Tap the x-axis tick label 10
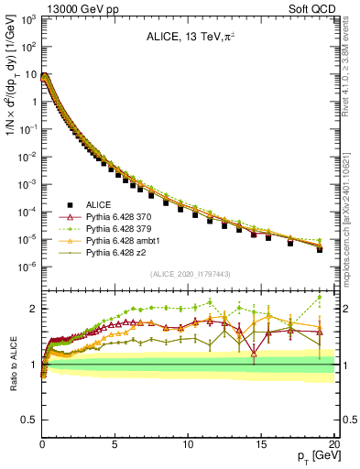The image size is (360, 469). click(188, 442)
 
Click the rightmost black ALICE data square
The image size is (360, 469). click(319, 249)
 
